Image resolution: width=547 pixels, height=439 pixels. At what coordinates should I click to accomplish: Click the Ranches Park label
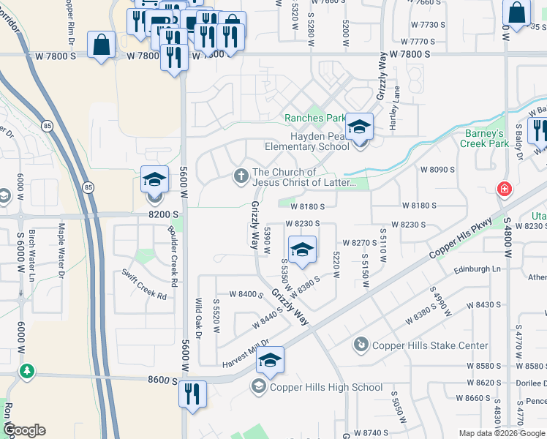[x=314, y=118]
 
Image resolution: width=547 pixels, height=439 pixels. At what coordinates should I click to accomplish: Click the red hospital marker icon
[x=505, y=189]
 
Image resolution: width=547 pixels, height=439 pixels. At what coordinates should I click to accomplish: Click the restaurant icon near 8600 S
[x=193, y=394]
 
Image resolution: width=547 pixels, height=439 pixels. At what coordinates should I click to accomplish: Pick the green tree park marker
[x=27, y=371]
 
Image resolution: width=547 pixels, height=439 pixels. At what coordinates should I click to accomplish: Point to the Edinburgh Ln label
[x=476, y=269]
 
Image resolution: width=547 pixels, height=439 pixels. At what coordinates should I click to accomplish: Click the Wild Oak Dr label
[x=197, y=318]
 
